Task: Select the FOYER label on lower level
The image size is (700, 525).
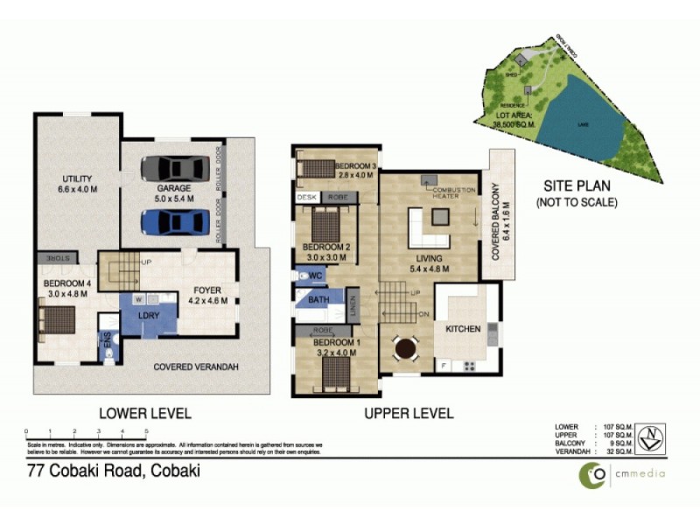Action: point(208,290)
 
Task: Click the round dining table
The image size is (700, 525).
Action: point(406,348)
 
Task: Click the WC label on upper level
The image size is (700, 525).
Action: point(316,276)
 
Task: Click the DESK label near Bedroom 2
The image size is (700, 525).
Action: point(306,198)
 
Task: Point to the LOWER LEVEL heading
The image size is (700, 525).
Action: point(144,413)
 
